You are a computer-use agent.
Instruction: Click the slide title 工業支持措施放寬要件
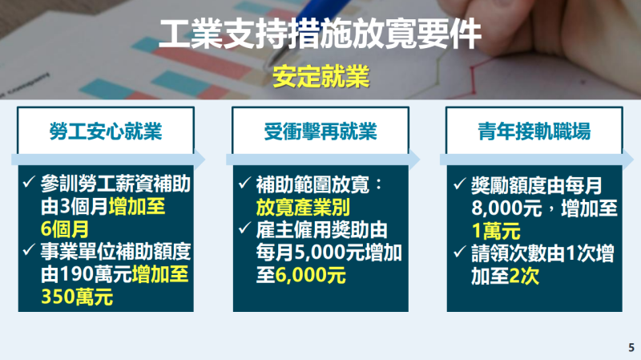pos(320,36)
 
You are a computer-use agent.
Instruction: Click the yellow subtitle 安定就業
pos(320,76)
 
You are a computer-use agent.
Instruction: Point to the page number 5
pos(631,347)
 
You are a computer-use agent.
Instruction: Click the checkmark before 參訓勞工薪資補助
pos(30,182)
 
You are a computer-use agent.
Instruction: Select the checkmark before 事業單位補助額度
pos(30,252)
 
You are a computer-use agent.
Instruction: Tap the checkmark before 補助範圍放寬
pos(245,183)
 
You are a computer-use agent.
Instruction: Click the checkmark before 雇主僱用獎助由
pos(245,229)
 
